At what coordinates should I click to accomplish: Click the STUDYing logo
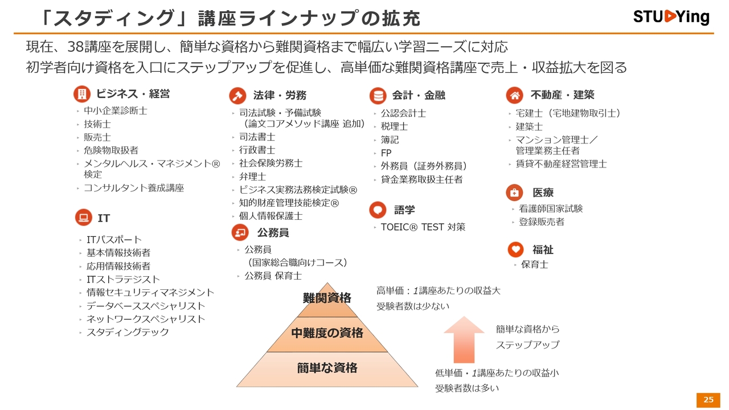click(671, 17)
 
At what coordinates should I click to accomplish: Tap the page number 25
click(708, 400)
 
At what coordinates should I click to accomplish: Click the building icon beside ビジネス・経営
click(82, 94)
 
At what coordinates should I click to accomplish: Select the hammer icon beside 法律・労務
click(237, 95)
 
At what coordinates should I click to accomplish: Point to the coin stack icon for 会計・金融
click(378, 96)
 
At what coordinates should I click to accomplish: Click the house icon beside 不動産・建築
click(514, 95)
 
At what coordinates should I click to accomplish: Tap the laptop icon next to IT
click(83, 218)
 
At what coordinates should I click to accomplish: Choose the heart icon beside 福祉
click(516, 249)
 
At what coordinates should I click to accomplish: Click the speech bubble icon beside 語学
click(378, 210)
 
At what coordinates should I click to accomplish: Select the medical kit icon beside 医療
click(514, 192)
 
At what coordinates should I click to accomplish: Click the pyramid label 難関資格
click(327, 298)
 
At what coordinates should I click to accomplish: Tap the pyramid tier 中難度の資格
click(327, 333)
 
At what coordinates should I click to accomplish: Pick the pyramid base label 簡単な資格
click(327, 368)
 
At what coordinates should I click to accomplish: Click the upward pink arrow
click(464, 339)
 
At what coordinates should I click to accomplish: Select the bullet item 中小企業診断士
click(116, 111)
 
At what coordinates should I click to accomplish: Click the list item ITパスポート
click(114, 240)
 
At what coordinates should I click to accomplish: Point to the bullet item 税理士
click(395, 126)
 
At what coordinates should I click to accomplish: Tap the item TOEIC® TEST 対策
click(423, 227)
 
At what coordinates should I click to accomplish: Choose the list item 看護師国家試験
click(551, 208)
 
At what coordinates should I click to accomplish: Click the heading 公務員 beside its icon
click(273, 233)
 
